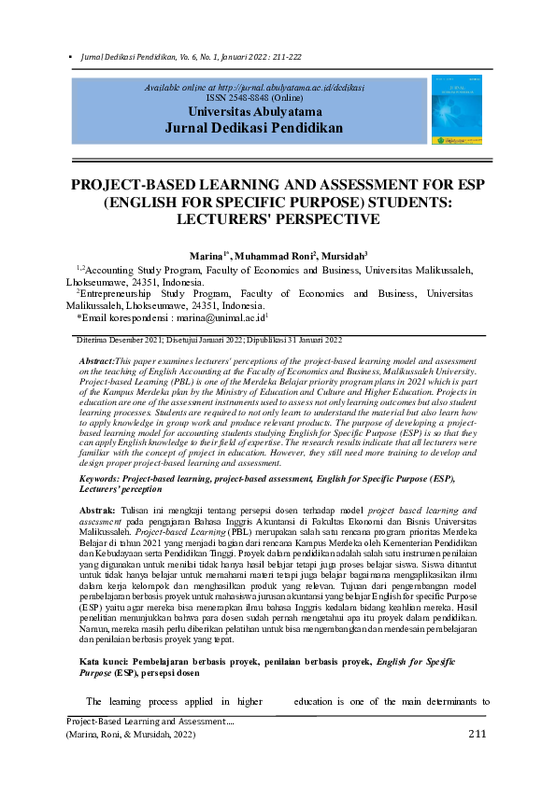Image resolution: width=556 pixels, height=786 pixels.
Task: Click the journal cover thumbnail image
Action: [x=457, y=110]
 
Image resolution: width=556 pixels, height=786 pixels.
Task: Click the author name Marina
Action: [x=206, y=254]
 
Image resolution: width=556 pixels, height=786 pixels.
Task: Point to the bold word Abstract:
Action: [x=97, y=360]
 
